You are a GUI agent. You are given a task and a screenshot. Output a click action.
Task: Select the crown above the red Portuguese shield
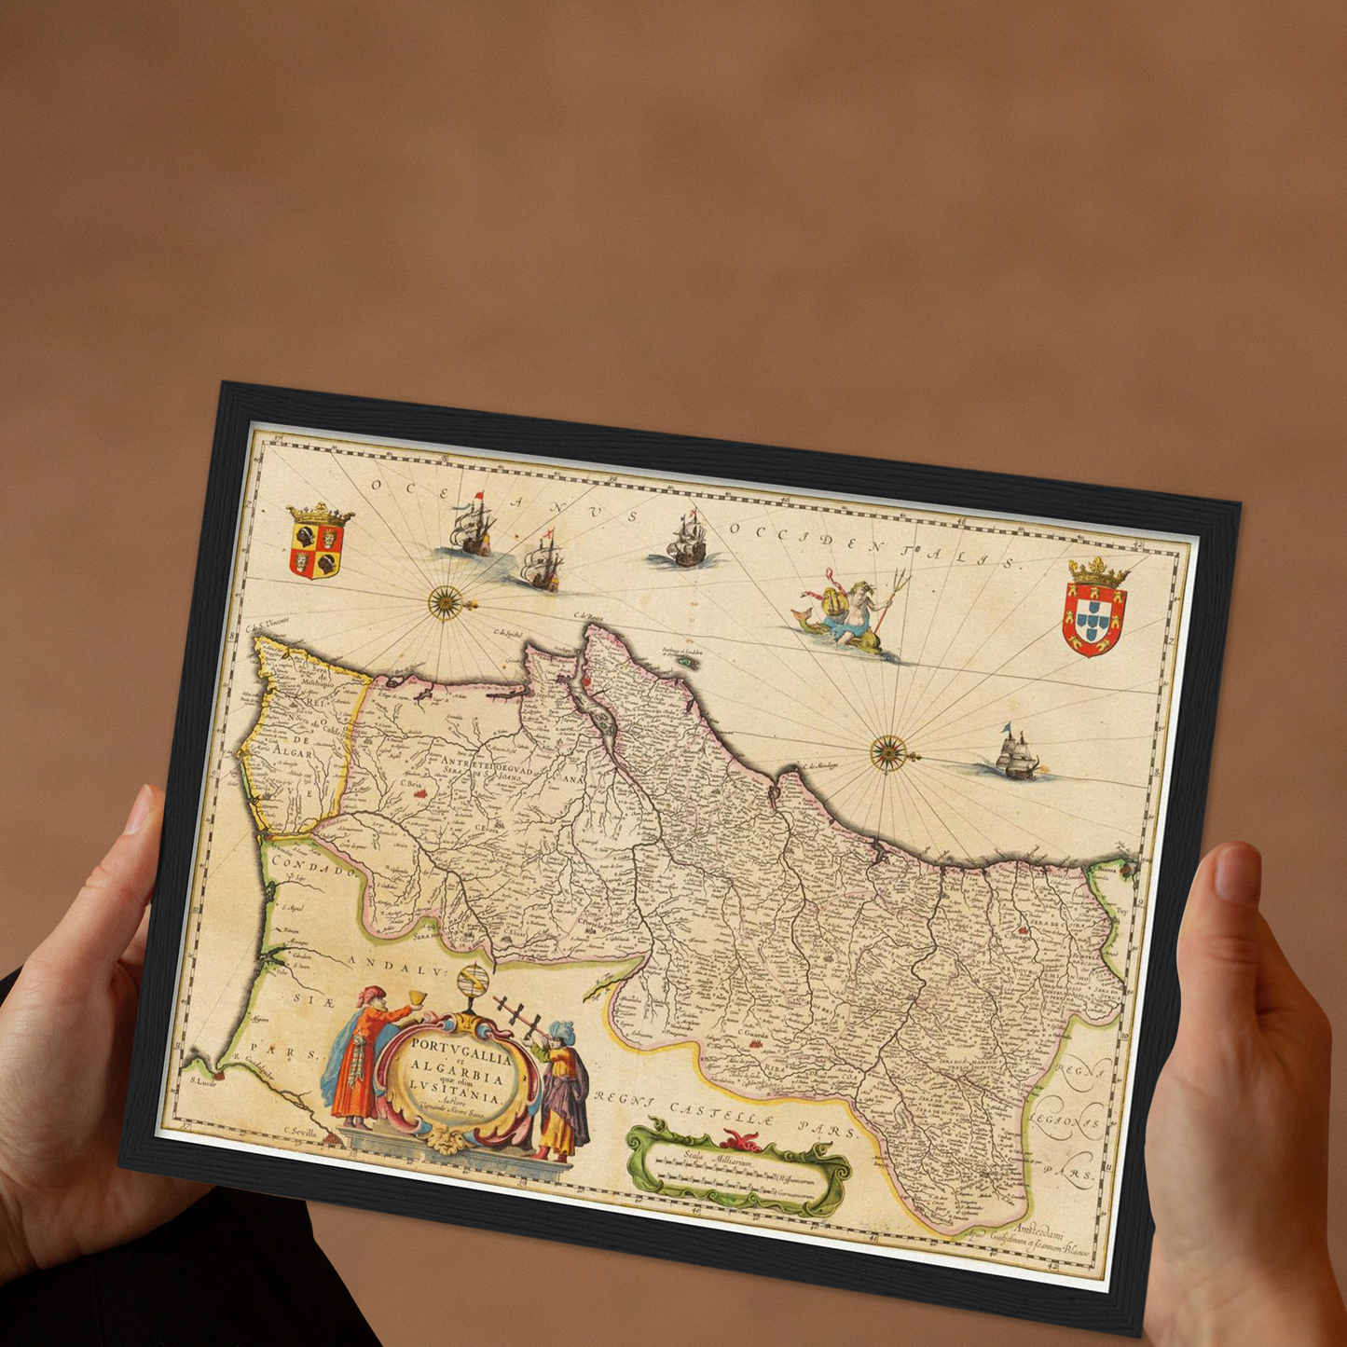point(1098,572)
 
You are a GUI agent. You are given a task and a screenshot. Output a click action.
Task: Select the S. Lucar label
point(203,1081)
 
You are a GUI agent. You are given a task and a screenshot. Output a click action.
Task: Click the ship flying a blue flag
point(1015,754)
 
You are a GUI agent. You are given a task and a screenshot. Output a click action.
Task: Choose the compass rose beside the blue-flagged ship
point(888,751)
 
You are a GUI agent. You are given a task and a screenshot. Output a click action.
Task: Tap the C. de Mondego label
point(821,765)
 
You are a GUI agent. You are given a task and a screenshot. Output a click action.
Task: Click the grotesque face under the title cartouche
point(450,1140)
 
